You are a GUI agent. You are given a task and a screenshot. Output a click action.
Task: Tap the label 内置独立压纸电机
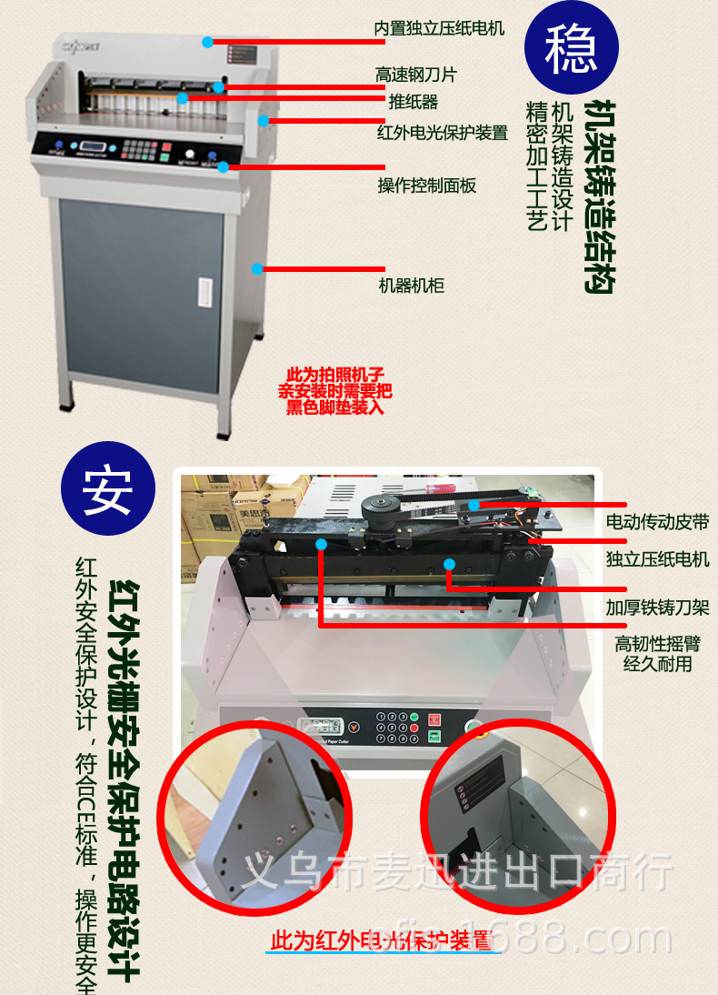pos(440,28)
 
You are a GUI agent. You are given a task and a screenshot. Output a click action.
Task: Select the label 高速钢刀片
pos(416,75)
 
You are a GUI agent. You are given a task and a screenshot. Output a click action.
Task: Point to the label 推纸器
pos(414,101)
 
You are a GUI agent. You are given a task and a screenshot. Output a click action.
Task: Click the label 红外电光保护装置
pos(443,133)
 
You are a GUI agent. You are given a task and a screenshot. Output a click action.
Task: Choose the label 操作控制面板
pos(427,186)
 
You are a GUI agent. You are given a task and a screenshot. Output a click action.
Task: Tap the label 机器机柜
pos(412,286)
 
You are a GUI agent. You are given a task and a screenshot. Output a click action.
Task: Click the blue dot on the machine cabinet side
pos(258,268)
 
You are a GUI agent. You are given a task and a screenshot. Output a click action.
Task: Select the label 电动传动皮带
pos(657,522)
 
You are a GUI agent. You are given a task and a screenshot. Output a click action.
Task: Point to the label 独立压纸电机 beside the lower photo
pos(657,559)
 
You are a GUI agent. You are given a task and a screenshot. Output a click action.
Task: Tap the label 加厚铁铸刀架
pos(657,608)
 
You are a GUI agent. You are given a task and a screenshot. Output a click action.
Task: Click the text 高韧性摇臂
pos(657,644)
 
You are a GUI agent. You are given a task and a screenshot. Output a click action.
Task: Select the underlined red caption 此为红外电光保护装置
pos(383,940)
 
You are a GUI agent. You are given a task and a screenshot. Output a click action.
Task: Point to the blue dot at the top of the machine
pos(208,42)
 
